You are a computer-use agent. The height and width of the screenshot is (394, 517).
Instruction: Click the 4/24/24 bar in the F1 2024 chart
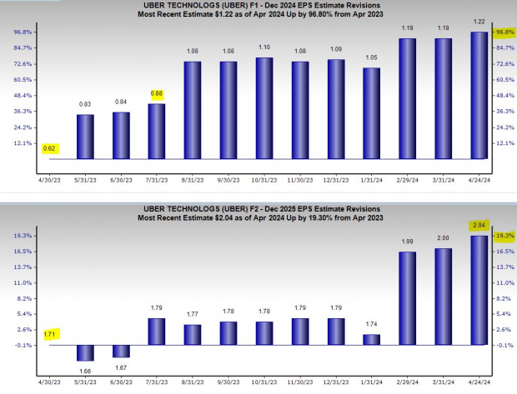[479, 96]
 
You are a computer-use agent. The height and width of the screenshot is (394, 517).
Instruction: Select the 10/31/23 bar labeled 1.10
[264, 108]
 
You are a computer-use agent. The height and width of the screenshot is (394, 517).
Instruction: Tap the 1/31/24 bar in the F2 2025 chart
[371, 339]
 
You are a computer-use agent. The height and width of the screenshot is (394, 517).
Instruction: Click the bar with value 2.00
[444, 297]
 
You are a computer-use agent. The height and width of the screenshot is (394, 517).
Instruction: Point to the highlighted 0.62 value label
[49, 148]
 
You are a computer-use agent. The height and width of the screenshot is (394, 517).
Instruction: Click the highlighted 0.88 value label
[156, 94]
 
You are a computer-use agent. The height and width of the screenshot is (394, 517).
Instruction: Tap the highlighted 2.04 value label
[479, 225]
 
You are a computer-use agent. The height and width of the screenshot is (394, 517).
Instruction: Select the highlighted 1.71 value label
[49, 333]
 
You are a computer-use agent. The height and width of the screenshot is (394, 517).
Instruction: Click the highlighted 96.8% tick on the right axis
[504, 32]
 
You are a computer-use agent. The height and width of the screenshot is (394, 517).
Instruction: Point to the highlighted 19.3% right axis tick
[504, 236]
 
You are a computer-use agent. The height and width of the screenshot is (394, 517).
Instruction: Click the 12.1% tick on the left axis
[21, 143]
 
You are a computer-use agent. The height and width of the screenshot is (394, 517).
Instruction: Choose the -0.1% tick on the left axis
[21, 345]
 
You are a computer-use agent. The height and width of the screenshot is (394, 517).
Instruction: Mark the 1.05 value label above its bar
[371, 58]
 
